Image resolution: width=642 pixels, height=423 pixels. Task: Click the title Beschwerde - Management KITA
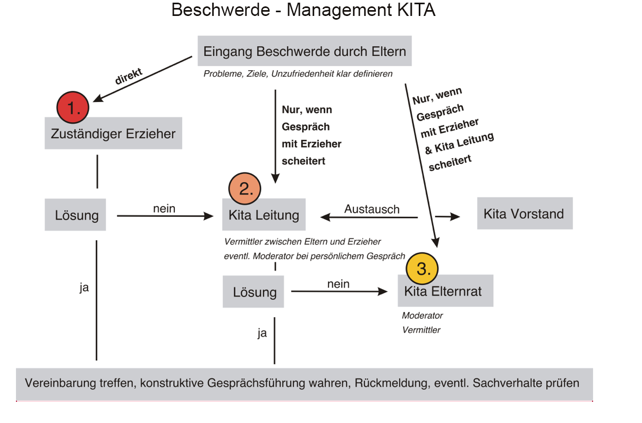coord(303,10)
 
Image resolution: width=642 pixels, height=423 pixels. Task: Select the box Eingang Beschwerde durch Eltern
coord(305,52)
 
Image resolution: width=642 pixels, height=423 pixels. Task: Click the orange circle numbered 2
coord(245,189)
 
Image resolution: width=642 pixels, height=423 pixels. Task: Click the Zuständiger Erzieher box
coord(113,133)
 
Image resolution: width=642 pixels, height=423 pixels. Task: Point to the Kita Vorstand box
coord(524,214)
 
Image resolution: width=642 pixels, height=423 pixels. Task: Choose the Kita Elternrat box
coord(445,291)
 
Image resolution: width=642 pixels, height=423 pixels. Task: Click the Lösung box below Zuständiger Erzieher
coord(75,215)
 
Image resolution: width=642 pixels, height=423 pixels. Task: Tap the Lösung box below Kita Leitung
coord(254,292)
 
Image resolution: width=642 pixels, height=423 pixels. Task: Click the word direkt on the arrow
coord(129,76)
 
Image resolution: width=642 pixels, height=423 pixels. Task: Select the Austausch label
coord(371,209)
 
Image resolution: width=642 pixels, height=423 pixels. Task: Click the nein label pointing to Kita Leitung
coord(164,209)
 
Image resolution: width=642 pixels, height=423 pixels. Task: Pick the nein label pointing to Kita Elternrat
coord(338,284)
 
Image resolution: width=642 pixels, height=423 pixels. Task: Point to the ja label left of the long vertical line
coord(84,289)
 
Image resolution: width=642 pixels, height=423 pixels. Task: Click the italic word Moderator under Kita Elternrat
coord(422,316)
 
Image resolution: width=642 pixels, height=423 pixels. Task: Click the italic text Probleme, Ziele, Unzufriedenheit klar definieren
coord(298,74)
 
